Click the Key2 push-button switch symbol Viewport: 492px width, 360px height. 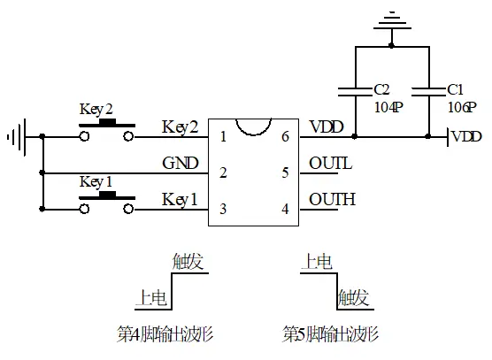pyautogui.click(x=106, y=133)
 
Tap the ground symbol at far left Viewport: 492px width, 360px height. pyautogui.click(x=15, y=137)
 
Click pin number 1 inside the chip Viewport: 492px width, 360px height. pyautogui.click(x=223, y=137)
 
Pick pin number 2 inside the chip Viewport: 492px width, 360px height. pyautogui.click(x=223, y=172)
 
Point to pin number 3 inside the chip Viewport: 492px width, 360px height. pyautogui.click(x=223, y=209)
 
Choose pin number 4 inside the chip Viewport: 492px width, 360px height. pyautogui.click(x=285, y=209)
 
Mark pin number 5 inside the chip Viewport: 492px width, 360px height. pyautogui.click(x=285, y=172)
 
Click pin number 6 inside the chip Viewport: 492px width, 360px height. pyautogui.click(x=285, y=137)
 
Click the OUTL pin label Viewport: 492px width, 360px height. pyautogui.click(x=331, y=164)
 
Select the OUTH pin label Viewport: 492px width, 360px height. pyautogui.click(x=332, y=199)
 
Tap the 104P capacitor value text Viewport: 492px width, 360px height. pyautogui.click(x=388, y=105)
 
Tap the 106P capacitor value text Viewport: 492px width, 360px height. pyautogui.click(x=461, y=105)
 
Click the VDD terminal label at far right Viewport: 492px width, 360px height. pyautogui.click(x=466, y=137)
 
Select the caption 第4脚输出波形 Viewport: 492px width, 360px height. pyautogui.click(x=165, y=335)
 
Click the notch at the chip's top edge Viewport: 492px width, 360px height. pyautogui.click(x=254, y=125)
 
